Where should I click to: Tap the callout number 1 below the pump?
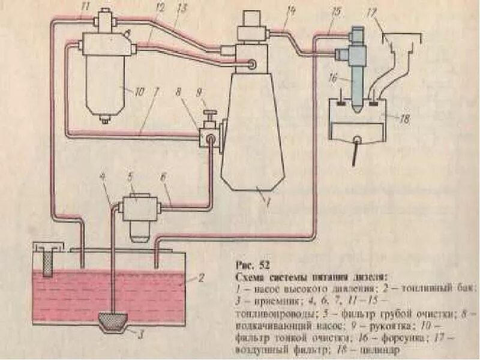pos(269,203)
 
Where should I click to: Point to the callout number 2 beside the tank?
pos(202,278)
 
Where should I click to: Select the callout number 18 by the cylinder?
pos(404,120)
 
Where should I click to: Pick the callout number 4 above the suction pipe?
pos(103,177)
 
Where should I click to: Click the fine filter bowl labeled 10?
pos(107,84)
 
